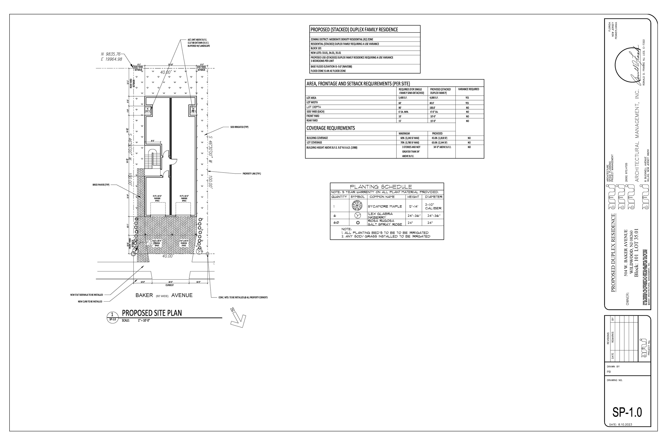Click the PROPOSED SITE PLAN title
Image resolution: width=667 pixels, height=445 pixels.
point(152,313)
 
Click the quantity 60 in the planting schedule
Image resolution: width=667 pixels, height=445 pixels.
point(336,223)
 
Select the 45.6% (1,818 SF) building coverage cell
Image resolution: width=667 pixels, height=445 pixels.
point(439,138)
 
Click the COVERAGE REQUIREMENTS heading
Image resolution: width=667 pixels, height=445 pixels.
point(331,128)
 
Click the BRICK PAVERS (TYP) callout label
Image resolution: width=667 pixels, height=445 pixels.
point(101,185)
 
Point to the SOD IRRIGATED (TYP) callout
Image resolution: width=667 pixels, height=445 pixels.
point(239,127)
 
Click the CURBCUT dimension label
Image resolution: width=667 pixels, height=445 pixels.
point(170,285)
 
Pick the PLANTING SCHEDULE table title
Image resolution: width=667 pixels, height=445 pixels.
point(381,187)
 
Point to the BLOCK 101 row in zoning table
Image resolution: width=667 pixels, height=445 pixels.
point(316,48)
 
